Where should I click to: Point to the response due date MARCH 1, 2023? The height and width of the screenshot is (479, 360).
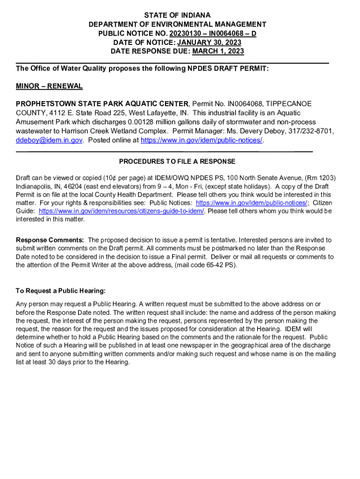(218, 51)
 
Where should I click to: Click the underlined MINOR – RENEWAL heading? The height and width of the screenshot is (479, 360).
(49, 86)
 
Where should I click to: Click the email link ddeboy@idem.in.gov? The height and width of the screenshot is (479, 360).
(49, 140)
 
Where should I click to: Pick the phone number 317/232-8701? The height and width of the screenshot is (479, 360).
(310, 131)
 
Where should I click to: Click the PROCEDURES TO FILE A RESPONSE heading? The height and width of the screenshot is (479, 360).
(177, 161)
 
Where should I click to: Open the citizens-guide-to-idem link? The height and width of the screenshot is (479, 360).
(122, 211)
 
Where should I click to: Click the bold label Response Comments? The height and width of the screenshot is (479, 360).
(50, 240)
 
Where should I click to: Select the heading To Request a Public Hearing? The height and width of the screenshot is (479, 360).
(60, 291)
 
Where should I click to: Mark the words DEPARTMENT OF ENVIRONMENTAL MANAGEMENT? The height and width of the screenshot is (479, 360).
(177, 24)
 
